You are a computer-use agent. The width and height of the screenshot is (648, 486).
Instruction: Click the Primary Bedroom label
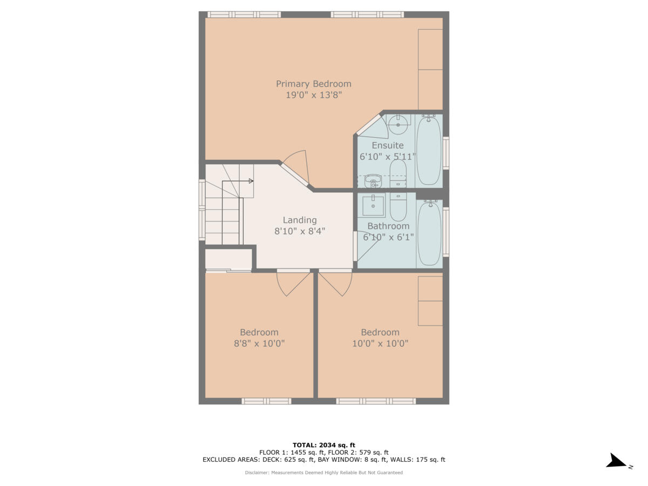tap(313, 84)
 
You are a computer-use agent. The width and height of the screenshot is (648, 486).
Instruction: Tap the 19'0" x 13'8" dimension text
tap(313, 95)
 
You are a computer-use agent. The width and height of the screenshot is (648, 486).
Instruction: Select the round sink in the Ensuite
tap(398, 125)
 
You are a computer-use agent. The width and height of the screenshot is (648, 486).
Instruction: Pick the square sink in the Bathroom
tap(373, 205)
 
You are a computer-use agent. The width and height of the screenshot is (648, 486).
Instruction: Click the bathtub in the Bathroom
tap(429, 232)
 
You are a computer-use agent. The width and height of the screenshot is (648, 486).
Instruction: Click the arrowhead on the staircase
tap(251, 181)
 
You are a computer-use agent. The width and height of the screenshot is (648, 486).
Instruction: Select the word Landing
tap(300, 220)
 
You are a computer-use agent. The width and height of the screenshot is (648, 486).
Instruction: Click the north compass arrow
tap(616, 461)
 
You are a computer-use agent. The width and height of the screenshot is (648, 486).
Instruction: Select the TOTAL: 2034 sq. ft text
tap(324, 445)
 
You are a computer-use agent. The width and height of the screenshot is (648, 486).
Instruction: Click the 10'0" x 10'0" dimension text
tap(380, 343)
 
